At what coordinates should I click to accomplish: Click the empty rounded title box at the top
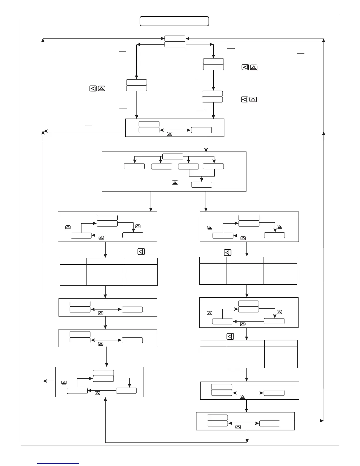click(174, 21)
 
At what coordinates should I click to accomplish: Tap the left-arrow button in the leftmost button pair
click(93, 88)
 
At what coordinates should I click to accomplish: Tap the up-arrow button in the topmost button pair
click(254, 67)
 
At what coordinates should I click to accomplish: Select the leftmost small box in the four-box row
click(134, 166)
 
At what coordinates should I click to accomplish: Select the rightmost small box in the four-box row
click(213, 166)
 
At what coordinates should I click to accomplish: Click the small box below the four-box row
click(201, 185)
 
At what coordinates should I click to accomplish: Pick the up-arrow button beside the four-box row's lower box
click(175, 183)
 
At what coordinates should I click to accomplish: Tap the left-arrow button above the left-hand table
click(141, 252)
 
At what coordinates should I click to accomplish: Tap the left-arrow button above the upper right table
click(228, 252)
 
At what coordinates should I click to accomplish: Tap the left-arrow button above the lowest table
click(230, 336)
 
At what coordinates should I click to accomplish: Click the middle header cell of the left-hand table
click(105, 261)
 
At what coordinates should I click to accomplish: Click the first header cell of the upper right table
click(213, 260)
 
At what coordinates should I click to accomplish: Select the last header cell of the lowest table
click(281, 343)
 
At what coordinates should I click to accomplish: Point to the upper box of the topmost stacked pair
click(175, 38)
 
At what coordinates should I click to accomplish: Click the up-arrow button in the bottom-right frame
click(238, 427)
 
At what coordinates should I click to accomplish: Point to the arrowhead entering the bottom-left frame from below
click(105, 399)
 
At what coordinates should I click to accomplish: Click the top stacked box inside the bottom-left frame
click(103, 373)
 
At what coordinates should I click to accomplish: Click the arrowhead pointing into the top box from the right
click(187, 38)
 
